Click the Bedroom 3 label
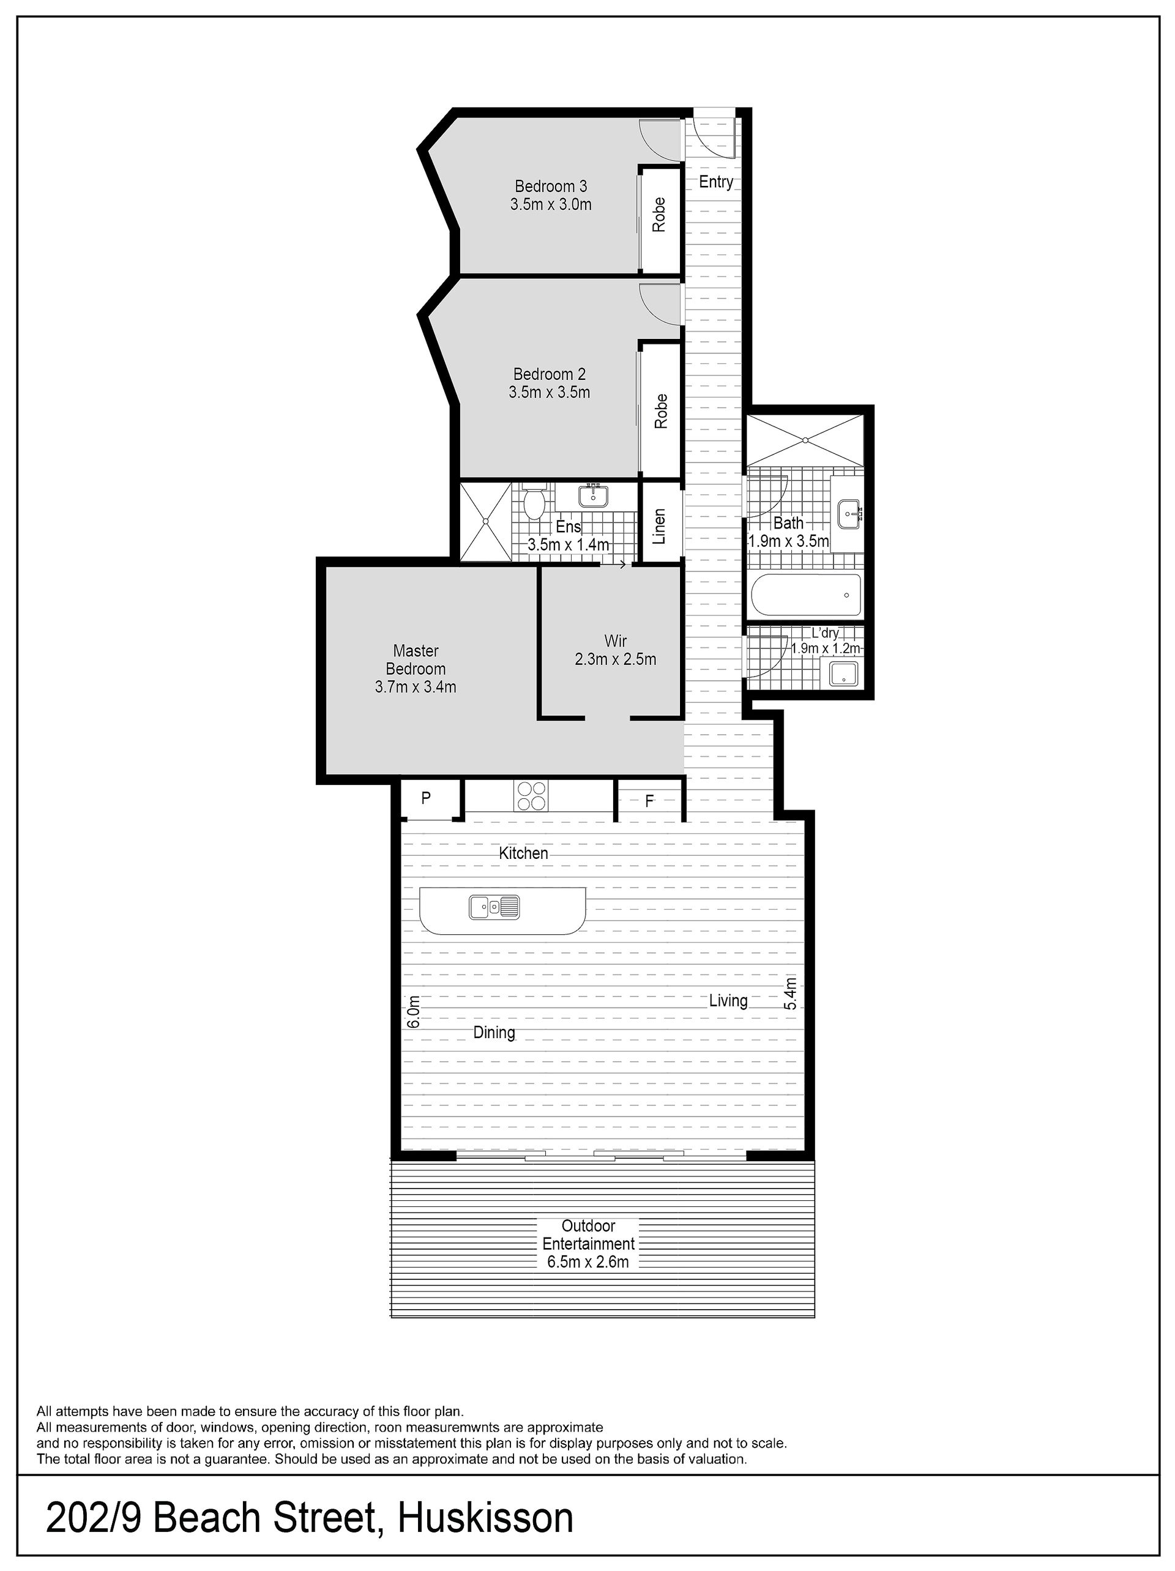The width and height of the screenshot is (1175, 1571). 551,186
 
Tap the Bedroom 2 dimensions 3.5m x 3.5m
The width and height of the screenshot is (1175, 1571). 549,392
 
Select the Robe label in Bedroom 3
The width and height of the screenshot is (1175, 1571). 659,215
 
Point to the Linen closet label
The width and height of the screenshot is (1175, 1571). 659,526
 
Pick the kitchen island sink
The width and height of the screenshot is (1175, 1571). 494,906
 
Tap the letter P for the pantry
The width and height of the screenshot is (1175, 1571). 425,798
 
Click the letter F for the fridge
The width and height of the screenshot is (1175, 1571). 649,802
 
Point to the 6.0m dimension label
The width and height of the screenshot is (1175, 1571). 414,1011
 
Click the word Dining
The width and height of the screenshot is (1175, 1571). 494,1033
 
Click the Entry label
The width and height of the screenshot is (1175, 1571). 715,182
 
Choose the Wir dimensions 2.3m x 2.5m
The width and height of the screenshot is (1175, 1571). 615,659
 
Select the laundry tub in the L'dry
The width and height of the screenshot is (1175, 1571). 843,671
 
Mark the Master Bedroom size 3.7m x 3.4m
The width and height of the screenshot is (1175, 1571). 416,687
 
